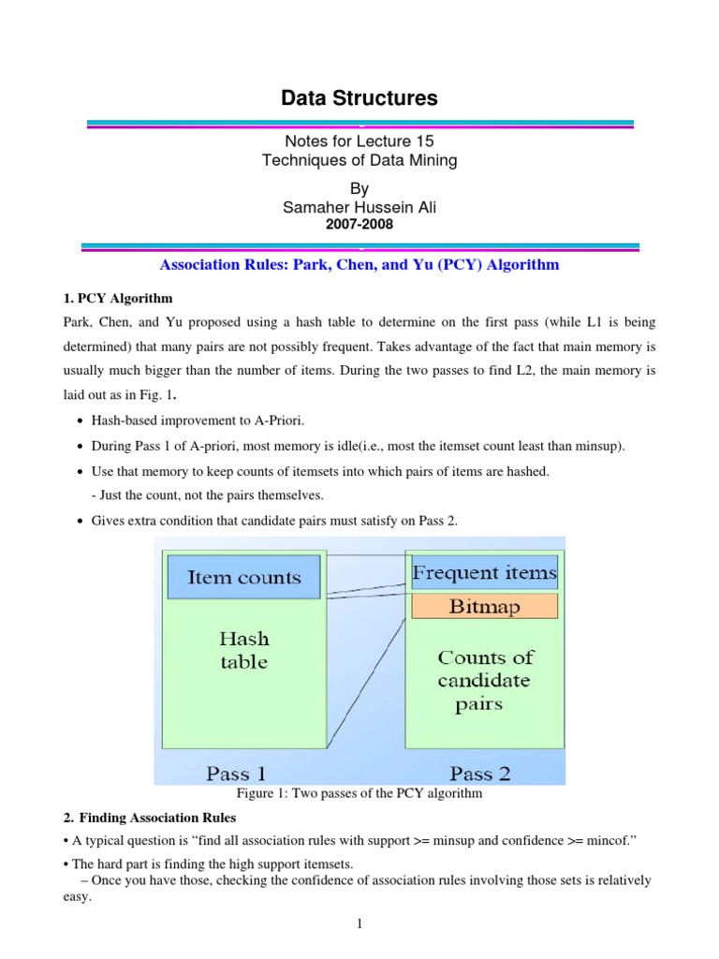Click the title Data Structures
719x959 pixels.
coord(359,97)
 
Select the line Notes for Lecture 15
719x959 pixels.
coord(359,141)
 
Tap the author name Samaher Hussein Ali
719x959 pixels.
coord(359,208)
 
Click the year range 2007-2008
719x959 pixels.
coord(359,225)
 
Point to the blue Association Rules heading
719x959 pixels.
coord(359,264)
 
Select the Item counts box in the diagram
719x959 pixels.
coord(243,577)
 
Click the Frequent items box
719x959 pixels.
coord(485,572)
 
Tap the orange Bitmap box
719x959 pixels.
coord(485,606)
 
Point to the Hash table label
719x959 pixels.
coord(243,650)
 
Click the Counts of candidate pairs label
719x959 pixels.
coord(483,681)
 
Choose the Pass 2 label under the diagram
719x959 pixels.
coord(485,773)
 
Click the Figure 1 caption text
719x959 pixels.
coord(359,793)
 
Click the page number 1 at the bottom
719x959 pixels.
coord(359,925)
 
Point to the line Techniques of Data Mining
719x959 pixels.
coord(359,160)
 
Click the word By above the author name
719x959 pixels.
coord(359,189)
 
